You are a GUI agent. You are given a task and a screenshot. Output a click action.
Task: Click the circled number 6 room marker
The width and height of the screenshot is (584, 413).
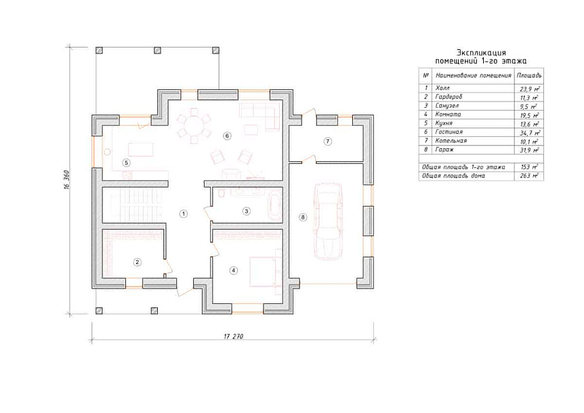(x=227, y=136)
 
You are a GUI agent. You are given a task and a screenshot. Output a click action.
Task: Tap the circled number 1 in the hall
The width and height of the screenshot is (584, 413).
(x=183, y=213)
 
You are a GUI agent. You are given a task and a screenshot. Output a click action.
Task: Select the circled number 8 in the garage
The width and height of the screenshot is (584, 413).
(x=303, y=217)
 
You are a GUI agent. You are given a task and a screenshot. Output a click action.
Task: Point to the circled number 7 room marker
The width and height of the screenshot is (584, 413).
(x=327, y=142)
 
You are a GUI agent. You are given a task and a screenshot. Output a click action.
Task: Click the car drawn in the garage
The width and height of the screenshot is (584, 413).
(x=328, y=221)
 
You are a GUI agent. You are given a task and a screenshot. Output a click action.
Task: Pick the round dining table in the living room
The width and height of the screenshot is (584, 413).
(x=194, y=126)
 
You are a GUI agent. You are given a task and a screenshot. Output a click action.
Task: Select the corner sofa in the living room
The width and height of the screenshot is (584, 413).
(x=260, y=116)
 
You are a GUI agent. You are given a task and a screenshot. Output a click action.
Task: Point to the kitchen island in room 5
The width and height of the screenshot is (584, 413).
(x=140, y=149)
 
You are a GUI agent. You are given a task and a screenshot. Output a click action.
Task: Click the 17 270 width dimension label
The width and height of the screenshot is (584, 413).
(x=234, y=336)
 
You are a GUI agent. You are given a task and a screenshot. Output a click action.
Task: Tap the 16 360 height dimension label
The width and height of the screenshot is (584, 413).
(x=66, y=180)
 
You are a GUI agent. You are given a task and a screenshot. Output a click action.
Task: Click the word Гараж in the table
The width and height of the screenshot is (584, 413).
(x=444, y=150)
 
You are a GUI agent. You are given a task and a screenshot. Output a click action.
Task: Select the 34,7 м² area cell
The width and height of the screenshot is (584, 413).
(x=529, y=133)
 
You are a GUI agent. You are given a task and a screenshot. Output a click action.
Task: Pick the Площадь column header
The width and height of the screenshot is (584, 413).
(x=529, y=75)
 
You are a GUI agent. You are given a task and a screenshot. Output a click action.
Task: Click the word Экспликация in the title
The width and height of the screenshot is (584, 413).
(x=481, y=53)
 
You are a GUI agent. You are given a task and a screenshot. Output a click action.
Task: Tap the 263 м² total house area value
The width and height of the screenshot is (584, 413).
(x=529, y=175)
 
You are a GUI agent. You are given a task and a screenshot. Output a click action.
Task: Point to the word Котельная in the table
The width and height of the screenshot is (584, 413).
(x=451, y=141)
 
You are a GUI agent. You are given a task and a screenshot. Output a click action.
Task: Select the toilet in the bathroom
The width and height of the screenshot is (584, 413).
(x=222, y=193)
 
